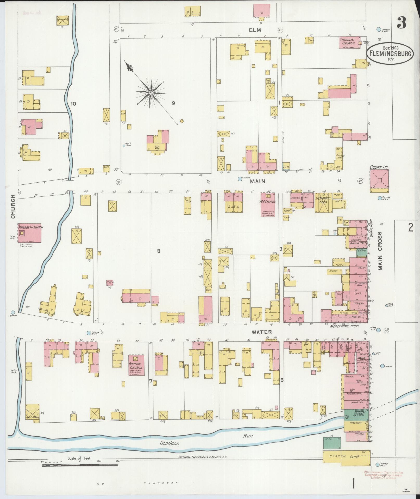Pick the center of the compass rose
tap(151, 92)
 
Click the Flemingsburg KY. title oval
tap(390, 53)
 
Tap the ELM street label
tap(255, 30)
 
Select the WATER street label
tap(258, 332)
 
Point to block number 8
tap(158, 251)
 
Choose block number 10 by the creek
tap(73, 104)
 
